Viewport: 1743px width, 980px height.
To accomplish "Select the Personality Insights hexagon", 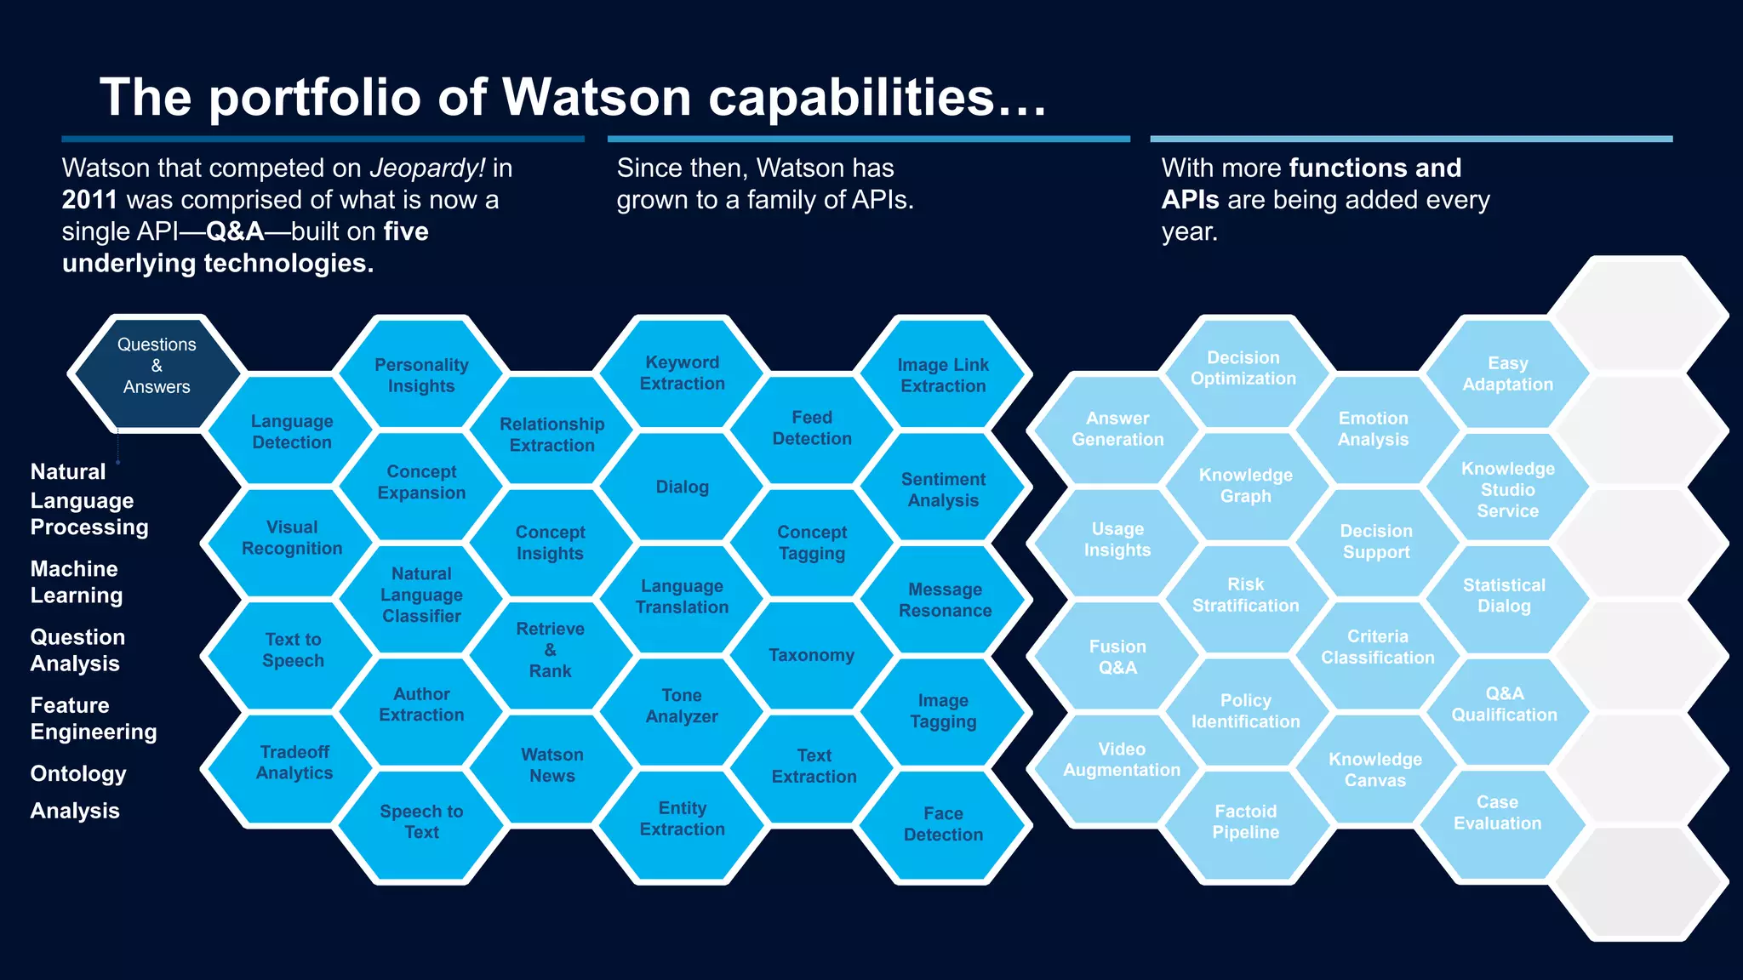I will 421,375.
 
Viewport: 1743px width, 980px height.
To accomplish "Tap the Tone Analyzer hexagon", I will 682,706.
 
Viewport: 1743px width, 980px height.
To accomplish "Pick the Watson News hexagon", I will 552,765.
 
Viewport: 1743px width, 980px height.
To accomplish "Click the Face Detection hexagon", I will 943,823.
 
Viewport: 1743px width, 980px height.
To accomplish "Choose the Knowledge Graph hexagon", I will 1245,486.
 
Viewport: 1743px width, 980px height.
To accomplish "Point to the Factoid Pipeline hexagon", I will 1245,822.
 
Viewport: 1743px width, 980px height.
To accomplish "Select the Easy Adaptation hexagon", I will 1507,374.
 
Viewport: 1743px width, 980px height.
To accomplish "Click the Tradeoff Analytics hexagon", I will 294,762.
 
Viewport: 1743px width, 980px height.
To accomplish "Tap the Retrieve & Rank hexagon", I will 551,650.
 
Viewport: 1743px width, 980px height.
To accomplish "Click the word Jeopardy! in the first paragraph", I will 426,168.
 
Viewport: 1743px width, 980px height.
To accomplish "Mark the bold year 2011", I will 89,200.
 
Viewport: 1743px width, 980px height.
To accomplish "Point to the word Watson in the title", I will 596,97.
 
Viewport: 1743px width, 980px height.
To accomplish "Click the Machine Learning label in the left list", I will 77,582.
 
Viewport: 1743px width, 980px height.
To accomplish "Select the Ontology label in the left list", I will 78,773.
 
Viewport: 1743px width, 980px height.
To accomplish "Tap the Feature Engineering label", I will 94,718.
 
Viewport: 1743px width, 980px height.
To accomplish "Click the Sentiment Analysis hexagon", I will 943,490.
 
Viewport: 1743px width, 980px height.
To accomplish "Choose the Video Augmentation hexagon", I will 1121,760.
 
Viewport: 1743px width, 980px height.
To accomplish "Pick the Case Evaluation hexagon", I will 1497,812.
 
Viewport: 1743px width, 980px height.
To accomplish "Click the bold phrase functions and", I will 1375,168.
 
